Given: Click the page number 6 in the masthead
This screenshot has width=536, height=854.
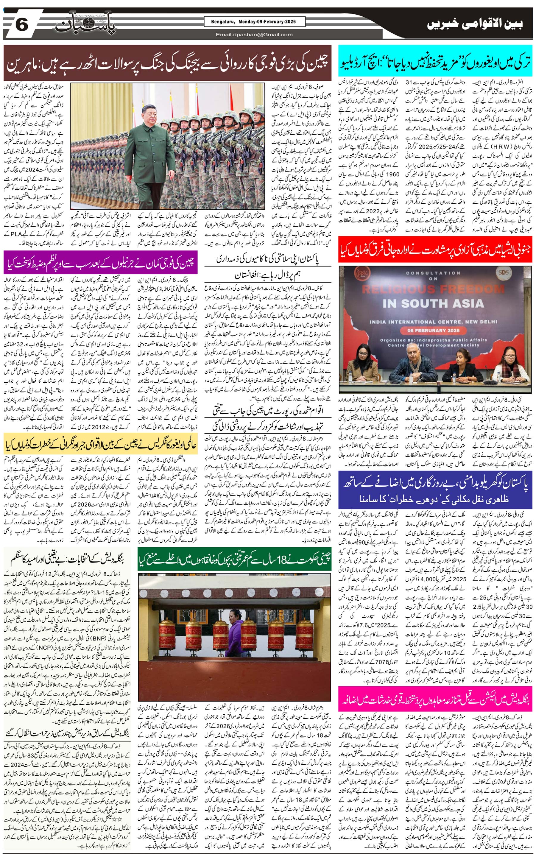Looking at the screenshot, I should (x=22, y=25).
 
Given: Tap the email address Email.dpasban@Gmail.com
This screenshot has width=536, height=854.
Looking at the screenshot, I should (x=254, y=34).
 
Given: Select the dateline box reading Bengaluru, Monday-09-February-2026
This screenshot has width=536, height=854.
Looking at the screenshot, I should (x=255, y=22).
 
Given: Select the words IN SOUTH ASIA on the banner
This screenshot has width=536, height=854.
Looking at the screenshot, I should (x=433, y=303).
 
